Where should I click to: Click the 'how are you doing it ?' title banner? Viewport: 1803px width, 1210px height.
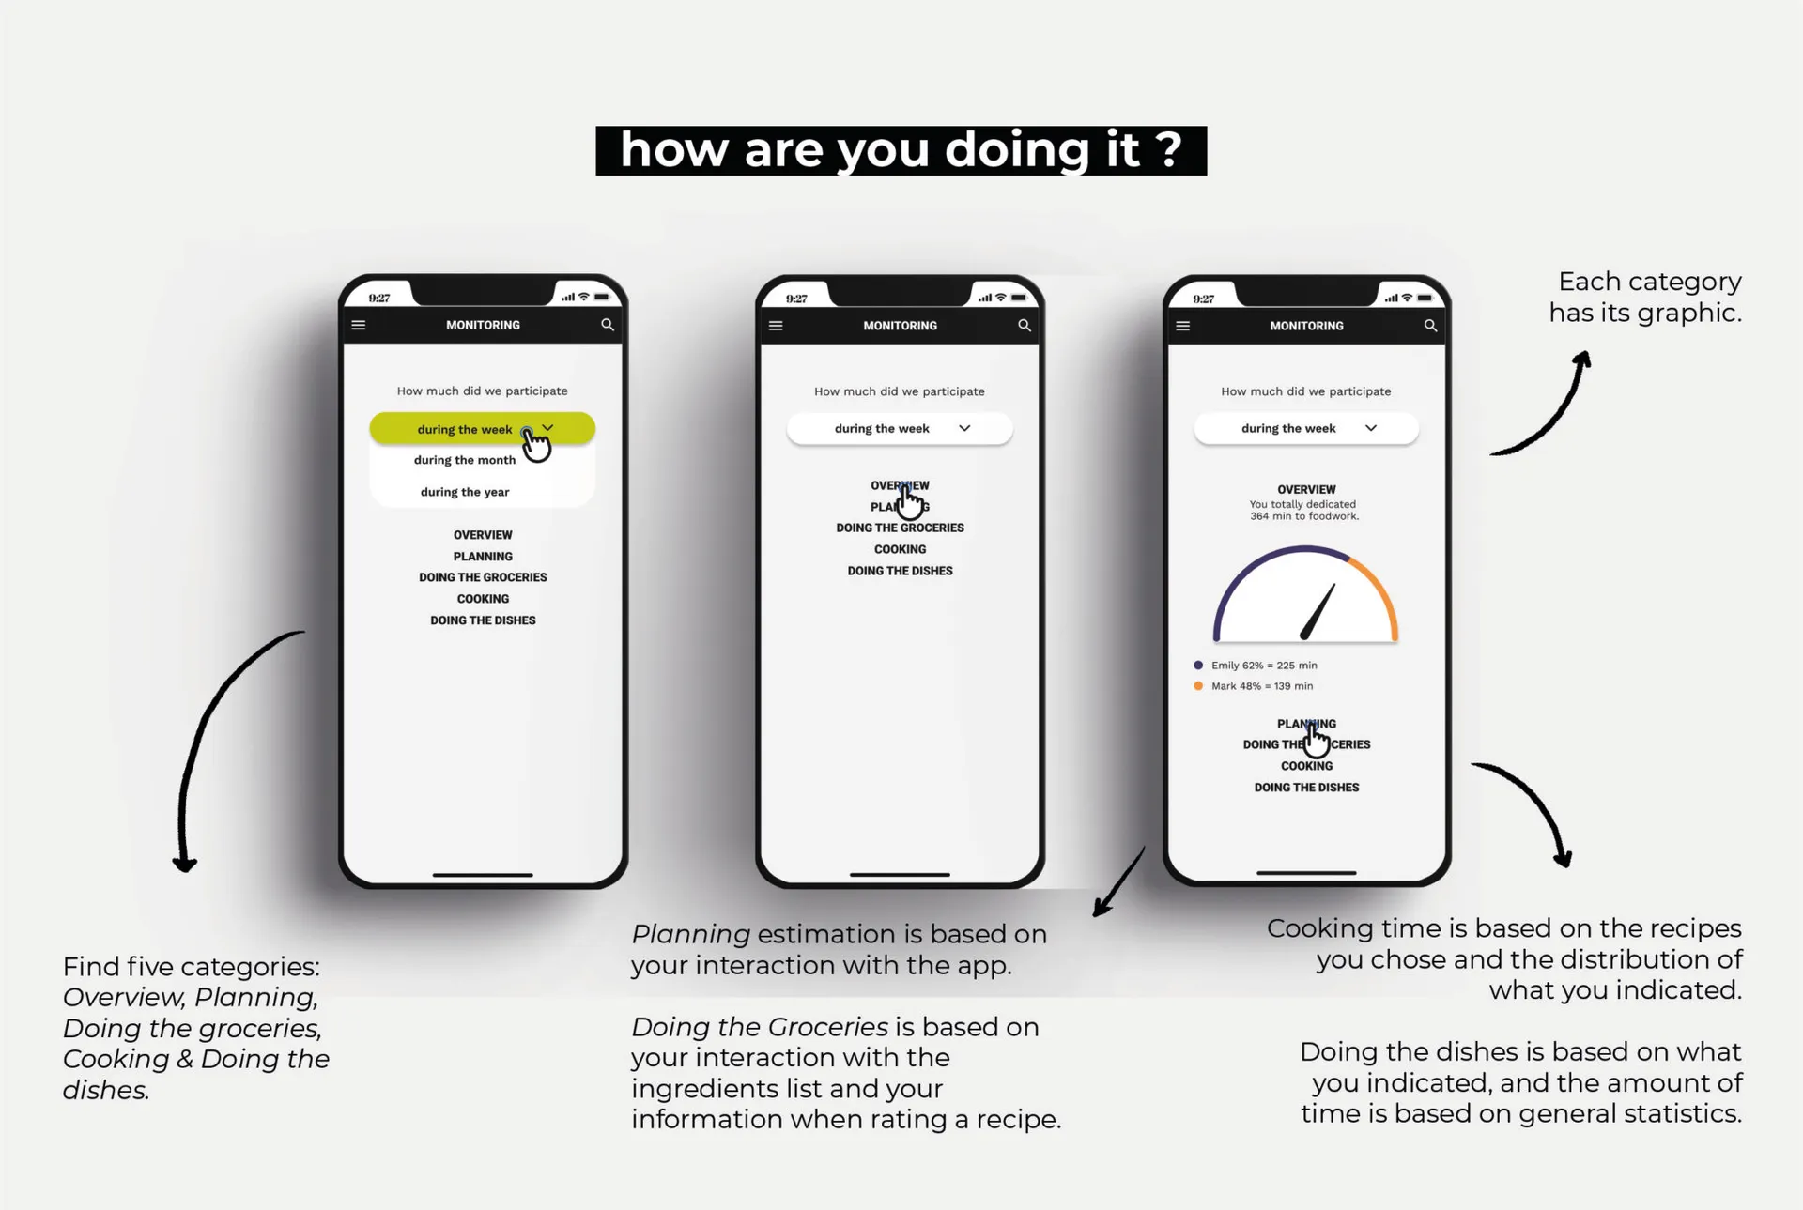(901, 150)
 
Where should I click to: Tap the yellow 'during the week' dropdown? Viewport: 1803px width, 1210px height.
(482, 428)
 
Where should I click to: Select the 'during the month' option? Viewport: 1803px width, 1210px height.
(465, 460)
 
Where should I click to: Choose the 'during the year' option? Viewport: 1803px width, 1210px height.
(465, 492)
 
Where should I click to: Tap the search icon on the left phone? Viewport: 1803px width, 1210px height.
(608, 325)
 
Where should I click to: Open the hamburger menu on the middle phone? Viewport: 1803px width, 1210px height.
(776, 326)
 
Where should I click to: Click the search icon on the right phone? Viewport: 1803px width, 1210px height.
(1430, 326)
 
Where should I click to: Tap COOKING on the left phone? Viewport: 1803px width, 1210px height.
(483, 599)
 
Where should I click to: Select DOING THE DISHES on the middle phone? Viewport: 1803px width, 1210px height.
(900, 571)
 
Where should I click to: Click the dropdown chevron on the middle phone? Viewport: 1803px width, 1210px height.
(964, 428)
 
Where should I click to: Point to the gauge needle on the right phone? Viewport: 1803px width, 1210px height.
(1318, 611)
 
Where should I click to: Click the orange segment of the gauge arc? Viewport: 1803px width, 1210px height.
(1379, 590)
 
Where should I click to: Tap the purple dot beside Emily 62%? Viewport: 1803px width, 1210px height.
(1198, 665)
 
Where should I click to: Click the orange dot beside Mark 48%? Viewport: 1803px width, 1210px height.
(1198, 686)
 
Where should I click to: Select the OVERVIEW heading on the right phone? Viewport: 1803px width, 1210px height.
(1306, 489)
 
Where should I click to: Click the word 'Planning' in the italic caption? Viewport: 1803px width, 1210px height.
(690, 934)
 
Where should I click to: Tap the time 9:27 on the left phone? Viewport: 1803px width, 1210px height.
(379, 298)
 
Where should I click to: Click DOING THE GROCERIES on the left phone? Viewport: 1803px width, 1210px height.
(483, 577)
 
